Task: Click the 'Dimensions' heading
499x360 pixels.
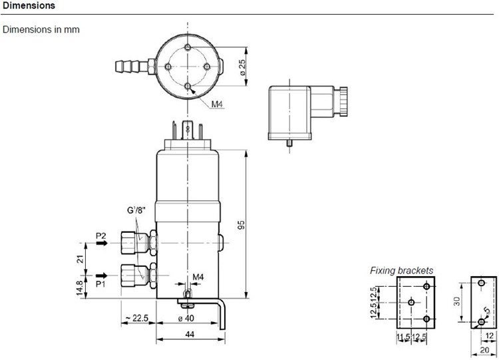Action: click(29, 5)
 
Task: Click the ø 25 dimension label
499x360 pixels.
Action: click(242, 67)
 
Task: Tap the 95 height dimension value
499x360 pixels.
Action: click(242, 225)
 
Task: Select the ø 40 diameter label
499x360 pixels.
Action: click(186, 318)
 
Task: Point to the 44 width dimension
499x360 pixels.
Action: click(190, 334)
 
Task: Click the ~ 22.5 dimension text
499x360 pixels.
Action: click(137, 318)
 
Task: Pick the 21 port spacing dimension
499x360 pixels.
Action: click(81, 259)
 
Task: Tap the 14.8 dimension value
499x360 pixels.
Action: click(81, 287)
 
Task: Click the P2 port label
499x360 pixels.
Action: click(101, 236)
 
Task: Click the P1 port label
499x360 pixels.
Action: click(100, 283)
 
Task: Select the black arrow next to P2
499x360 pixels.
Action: click(102, 243)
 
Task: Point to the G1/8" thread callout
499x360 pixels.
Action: click(136, 210)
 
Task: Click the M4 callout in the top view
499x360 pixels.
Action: click(217, 104)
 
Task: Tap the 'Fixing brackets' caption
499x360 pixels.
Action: click(401, 271)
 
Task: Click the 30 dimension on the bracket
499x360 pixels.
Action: click(456, 301)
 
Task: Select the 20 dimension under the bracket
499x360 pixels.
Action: click(484, 350)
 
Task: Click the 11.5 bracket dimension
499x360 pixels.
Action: click(403, 336)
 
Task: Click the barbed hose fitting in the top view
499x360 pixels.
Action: click(131, 66)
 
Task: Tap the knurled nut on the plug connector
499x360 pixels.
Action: click(343, 101)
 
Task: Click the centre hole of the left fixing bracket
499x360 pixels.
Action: click(411, 302)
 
